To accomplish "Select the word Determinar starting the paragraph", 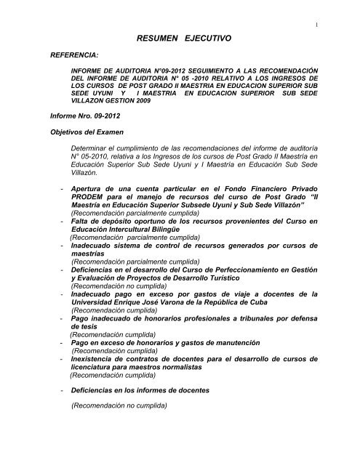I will (88, 148).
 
